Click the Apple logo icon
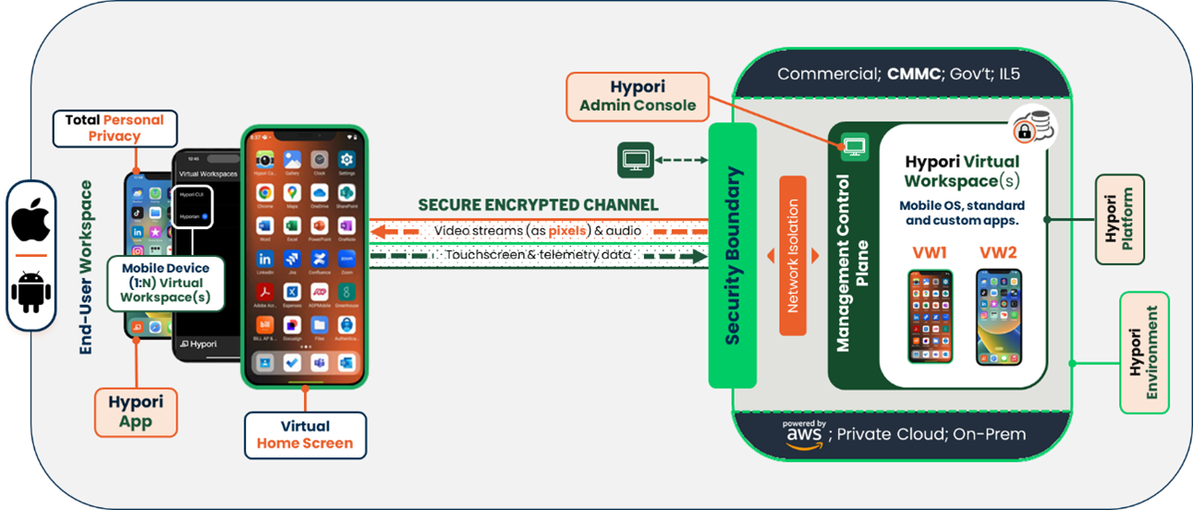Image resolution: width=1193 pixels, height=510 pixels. (31, 222)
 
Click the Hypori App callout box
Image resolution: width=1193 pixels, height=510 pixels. (136, 412)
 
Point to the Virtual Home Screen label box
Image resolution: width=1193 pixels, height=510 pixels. (304, 434)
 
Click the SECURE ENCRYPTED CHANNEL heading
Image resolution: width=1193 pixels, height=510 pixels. (538, 204)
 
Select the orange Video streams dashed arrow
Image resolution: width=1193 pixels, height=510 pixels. (538, 229)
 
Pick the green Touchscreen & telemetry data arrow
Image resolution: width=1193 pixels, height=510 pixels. (538, 254)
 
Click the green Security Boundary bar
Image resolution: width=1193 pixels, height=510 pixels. (732, 255)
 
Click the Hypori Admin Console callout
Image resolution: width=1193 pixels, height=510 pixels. (638, 97)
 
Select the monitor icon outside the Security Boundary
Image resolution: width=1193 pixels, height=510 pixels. (635, 160)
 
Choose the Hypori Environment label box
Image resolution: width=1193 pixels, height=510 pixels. (1144, 352)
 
